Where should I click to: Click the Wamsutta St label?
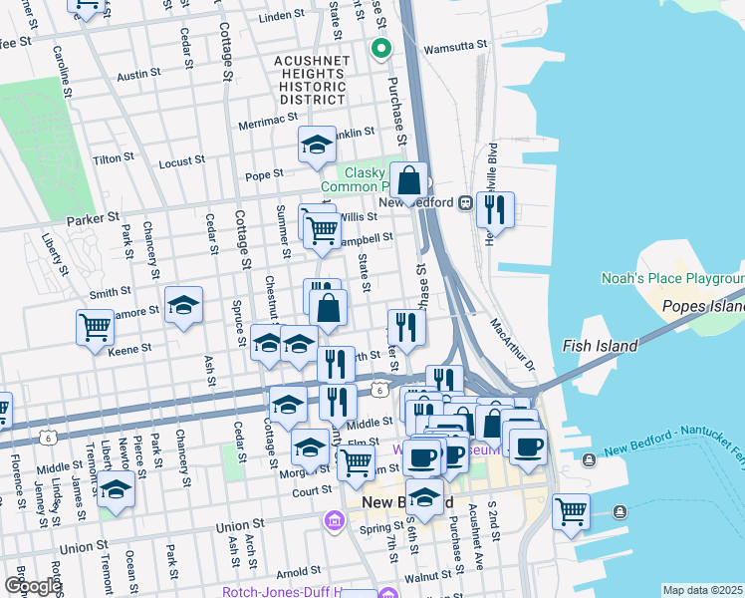(455, 46)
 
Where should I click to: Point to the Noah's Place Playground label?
(672, 278)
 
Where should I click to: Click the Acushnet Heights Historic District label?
(310, 78)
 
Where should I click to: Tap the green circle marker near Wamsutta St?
(379, 48)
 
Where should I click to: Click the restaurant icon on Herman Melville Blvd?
(494, 209)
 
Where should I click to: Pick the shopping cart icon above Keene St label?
(95, 326)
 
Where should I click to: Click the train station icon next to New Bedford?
(465, 202)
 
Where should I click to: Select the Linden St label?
(281, 17)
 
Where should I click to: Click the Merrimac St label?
(268, 126)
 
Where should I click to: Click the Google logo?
(32, 586)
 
